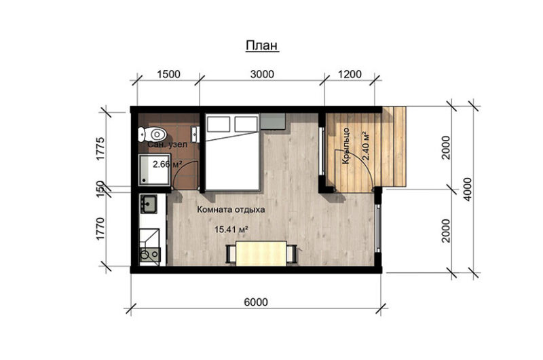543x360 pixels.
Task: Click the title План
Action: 262,46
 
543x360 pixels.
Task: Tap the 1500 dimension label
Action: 168,74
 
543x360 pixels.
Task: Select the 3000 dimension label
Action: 262,74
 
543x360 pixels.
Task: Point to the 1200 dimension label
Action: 350,74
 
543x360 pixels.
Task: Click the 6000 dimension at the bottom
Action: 256,302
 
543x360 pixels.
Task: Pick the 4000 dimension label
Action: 468,190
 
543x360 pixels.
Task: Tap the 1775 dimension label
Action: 100,149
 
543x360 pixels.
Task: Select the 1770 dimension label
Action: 100,229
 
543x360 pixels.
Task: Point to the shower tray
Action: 154,168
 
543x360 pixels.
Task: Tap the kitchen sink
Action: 148,203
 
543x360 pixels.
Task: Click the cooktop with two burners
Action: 150,255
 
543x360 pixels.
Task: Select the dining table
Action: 261,253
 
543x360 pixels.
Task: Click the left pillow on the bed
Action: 218,124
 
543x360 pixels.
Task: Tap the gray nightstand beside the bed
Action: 273,122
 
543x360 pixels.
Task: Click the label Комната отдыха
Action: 231,209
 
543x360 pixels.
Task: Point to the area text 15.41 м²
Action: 232,230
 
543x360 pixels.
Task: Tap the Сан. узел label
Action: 168,144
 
